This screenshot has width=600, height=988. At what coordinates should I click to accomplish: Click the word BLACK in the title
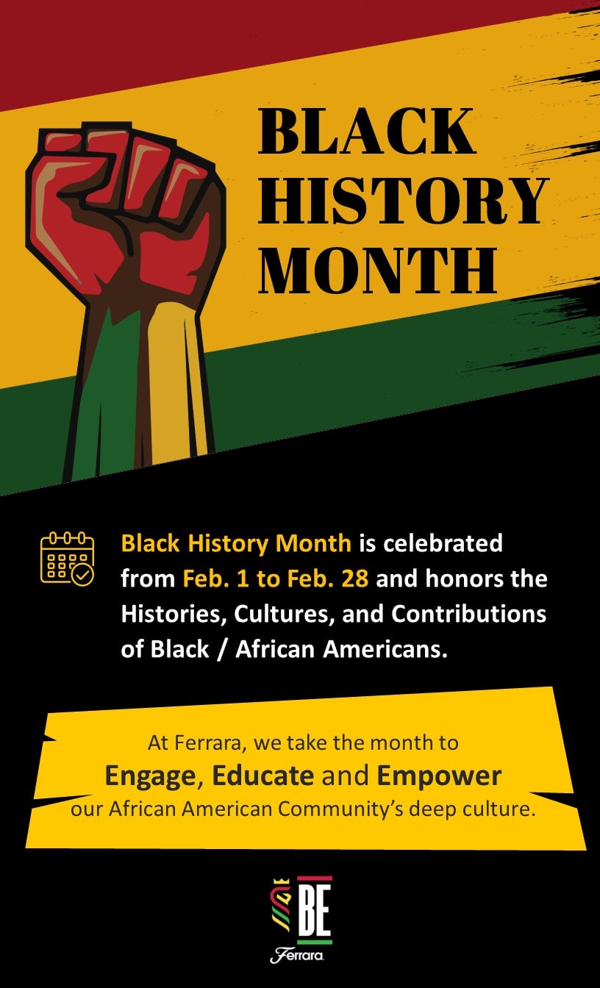click(x=367, y=131)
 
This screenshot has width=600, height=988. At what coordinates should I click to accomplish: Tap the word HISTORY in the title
click(x=404, y=200)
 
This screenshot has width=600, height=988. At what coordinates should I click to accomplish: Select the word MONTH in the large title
click(x=378, y=270)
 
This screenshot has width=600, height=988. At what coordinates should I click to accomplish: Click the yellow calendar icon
click(x=67, y=559)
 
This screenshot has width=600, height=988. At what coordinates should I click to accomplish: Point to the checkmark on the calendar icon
click(x=82, y=575)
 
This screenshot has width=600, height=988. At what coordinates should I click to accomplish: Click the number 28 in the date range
click(x=354, y=579)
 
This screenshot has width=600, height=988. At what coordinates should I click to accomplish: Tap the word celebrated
click(x=443, y=543)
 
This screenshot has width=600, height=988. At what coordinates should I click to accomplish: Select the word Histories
click(x=174, y=614)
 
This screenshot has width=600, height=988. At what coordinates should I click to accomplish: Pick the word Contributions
click(x=468, y=614)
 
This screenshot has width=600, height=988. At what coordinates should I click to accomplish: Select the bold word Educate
click(x=263, y=776)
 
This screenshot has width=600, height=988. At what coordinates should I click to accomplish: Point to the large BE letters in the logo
click(x=315, y=912)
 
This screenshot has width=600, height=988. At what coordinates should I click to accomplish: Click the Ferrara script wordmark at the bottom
click(x=297, y=956)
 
